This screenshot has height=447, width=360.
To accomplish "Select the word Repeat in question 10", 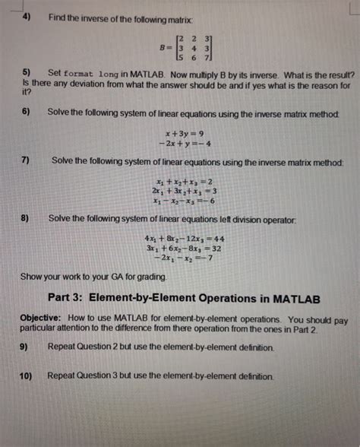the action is tap(64, 376).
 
